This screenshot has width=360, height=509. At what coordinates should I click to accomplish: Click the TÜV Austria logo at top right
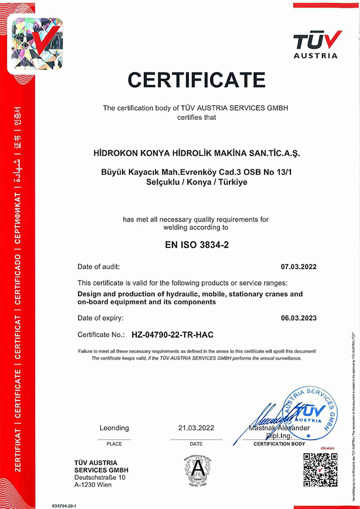coord(317,45)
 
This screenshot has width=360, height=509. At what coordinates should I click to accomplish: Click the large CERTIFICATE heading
coord(196,80)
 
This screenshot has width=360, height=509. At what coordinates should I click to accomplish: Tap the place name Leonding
coord(114,428)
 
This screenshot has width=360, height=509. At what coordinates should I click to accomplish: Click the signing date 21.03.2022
coord(196,428)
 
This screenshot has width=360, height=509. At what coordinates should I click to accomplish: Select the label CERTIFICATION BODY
coord(279,444)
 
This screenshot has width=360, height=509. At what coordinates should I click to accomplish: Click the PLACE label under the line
coord(114,444)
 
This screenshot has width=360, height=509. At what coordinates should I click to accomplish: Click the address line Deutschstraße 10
coord(99,478)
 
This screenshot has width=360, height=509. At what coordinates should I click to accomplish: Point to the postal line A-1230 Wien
coord(93,485)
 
